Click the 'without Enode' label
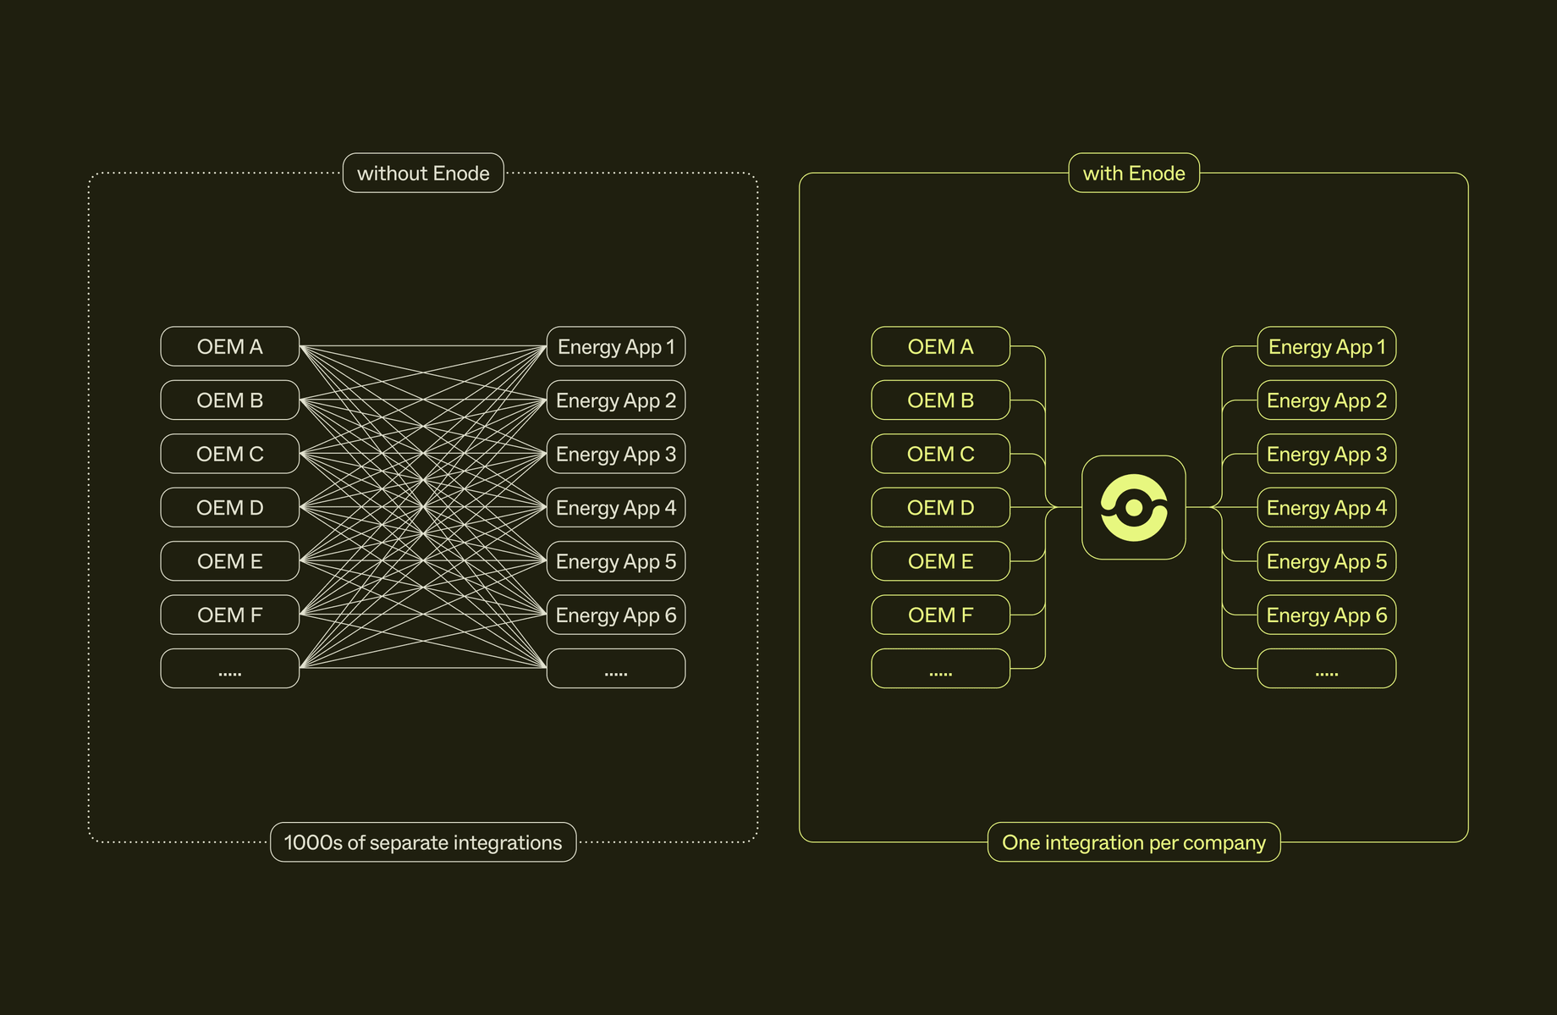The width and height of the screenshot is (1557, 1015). click(423, 173)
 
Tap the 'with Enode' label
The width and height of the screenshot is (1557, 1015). click(1134, 173)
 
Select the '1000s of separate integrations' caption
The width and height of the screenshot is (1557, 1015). click(423, 842)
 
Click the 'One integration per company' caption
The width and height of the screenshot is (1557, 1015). click(1134, 842)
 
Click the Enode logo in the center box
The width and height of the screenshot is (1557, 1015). click(1134, 508)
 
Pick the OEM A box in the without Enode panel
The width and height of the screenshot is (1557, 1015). click(230, 346)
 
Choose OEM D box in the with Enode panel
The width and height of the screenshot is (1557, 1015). click(941, 508)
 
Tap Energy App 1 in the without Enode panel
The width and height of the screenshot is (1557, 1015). click(616, 346)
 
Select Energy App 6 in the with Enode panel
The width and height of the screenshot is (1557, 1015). click(1327, 615)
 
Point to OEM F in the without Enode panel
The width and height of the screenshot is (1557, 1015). click(230, 615)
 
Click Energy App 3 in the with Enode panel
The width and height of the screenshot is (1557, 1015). click(1327, 454)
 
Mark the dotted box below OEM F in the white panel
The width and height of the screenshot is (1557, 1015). click(230, 669)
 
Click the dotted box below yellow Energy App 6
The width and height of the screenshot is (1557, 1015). click(1327, 669)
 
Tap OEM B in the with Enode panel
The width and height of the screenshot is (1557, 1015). click(941, 400)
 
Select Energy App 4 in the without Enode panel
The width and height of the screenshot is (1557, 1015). click(616, 508)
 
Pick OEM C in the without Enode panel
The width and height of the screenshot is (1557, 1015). click(230, 454)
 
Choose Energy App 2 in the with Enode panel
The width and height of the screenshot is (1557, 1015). click(1327, 400)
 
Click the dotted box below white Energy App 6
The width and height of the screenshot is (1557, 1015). click(616, 669)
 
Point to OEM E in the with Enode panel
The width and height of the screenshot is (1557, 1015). click(941, 561)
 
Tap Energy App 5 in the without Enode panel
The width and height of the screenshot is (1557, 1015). click(616, 561)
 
